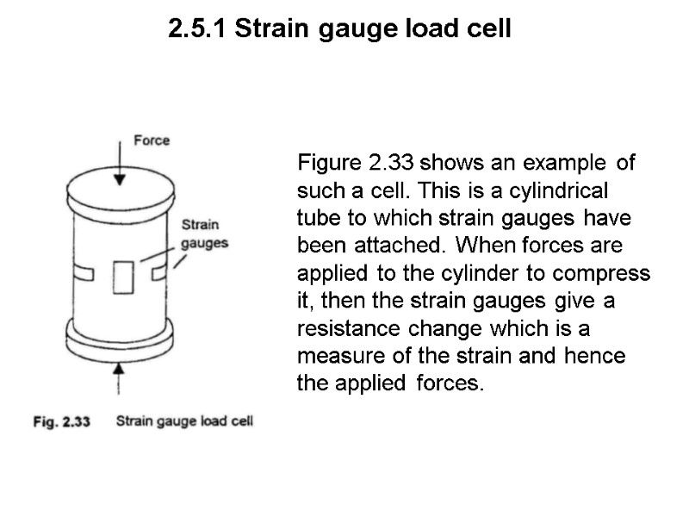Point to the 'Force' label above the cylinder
(152, 140)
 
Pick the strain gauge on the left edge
(84, 273)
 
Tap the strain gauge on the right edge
(158, 272)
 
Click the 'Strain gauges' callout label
(204, 234)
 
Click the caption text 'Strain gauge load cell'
(183, 422)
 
